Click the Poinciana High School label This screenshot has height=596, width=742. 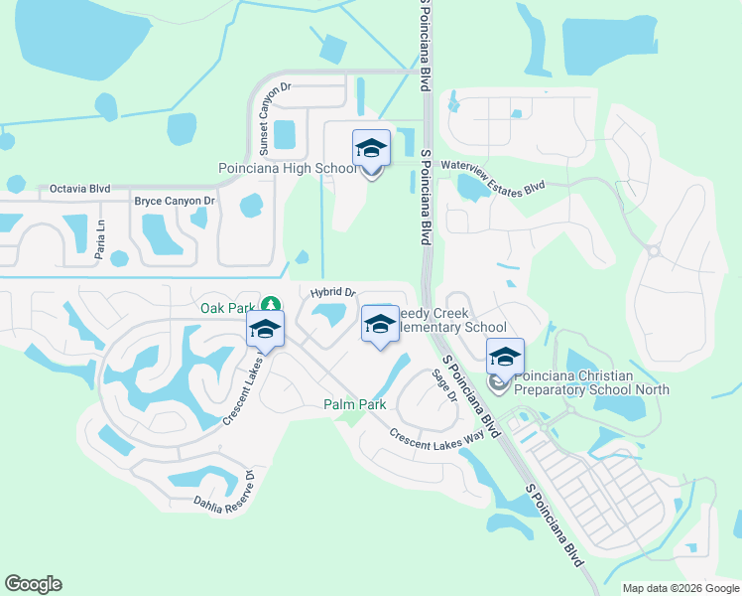coord(287,169)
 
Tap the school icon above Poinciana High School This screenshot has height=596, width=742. coord(371,149)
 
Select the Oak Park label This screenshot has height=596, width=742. coord(228,308)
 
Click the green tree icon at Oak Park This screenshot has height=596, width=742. coord(271,303)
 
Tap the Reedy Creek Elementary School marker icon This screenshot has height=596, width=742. coord(380,325)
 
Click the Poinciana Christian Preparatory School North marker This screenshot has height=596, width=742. coord(505,358)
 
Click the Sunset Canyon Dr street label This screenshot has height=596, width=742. coord(265,118)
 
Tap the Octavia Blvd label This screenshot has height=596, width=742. coord(79,189)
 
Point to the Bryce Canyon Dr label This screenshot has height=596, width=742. coord(175,202)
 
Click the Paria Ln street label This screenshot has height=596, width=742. coord(100,241)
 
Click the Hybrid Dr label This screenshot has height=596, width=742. coord(332,292)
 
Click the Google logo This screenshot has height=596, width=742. coord(33,584)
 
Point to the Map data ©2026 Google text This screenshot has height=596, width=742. coord(680,588)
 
